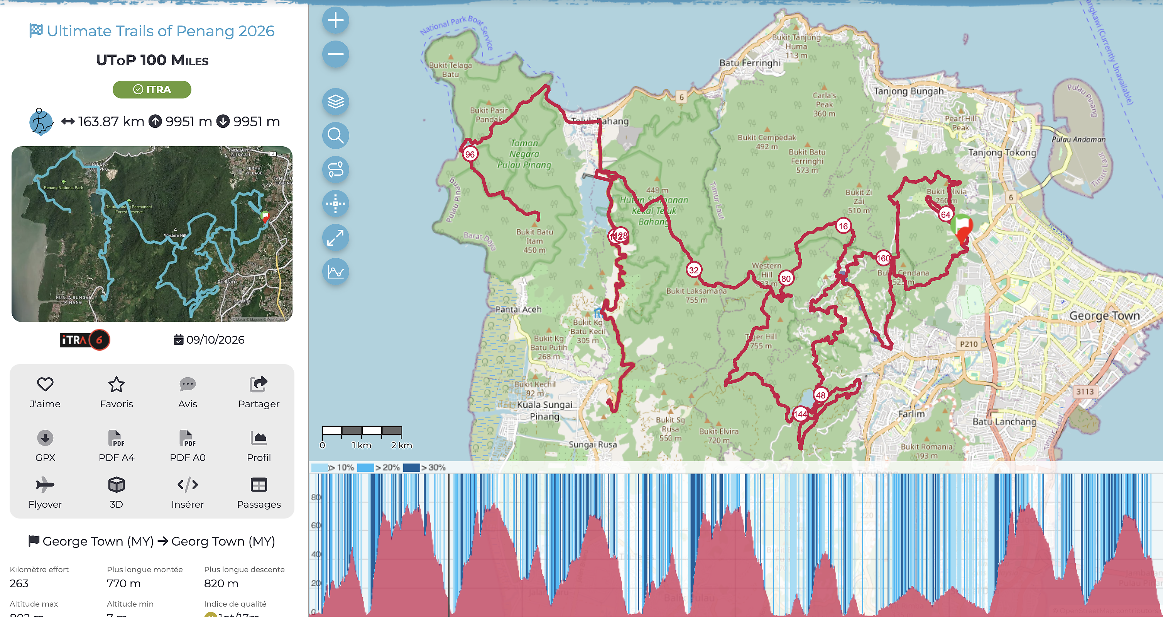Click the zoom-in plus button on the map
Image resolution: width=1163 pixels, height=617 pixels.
(335, 20)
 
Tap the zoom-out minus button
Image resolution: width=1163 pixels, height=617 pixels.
(335, 54)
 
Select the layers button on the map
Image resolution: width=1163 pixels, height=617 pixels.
(335, 101)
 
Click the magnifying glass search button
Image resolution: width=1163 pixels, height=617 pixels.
(335, 135)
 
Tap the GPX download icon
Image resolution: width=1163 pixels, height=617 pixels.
(45, 438)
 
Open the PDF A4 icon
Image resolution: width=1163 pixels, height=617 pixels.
(116, 438)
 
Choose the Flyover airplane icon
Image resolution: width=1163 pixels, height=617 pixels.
(45, 485)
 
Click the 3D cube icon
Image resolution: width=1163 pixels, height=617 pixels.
(116, 485)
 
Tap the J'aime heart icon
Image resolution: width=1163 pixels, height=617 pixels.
(45, 385)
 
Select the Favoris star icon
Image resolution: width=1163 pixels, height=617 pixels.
(116, 385)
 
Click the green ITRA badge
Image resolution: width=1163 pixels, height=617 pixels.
(152, 90)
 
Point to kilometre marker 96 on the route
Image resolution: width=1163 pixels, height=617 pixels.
(470, 154)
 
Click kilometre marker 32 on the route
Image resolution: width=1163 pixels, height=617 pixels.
(693, 270)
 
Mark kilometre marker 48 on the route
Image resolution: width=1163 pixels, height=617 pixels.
(820, 395)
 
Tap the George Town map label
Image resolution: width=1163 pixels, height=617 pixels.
(1104, 315)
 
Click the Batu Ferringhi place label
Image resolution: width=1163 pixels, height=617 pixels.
(749, 63)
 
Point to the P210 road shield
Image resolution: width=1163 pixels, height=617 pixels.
(969, 344)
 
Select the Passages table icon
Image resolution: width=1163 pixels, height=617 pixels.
(259, 485)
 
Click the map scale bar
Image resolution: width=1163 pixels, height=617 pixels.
(362, 431)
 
